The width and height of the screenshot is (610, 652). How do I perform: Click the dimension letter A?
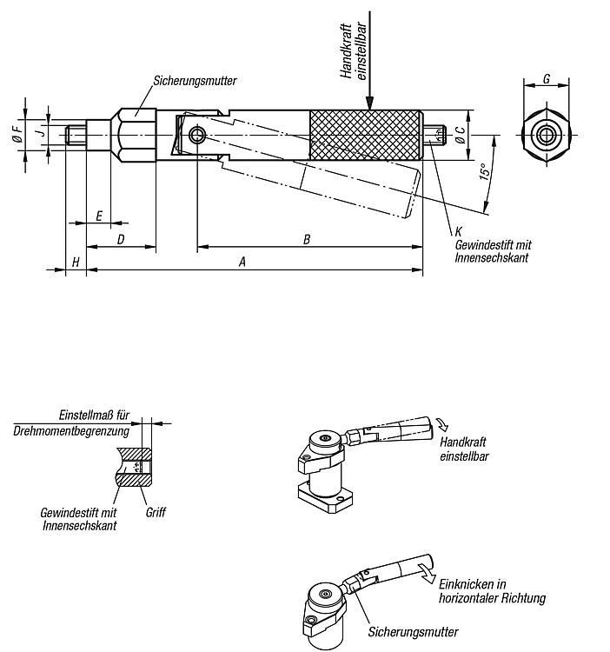point(242,262)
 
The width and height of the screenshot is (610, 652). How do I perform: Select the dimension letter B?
point(307,240)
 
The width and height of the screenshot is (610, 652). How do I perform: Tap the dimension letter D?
point(121,240)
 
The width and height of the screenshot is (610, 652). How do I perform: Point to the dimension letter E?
point(99,216)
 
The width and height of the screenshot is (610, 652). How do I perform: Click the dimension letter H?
point(76,263)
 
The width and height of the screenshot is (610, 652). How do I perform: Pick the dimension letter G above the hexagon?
point(547,78)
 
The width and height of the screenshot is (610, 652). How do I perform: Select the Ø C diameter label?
point(460,135)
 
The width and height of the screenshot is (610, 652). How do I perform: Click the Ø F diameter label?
point(17,134)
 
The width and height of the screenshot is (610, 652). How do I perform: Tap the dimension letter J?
point(40,132)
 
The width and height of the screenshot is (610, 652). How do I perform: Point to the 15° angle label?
point(484,171)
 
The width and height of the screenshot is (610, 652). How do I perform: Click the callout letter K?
point(458,231)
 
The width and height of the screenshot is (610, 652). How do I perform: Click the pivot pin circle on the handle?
point(196,135)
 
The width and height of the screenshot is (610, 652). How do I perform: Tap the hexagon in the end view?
point(546,135)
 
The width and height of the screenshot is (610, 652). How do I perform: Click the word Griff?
point(156,512)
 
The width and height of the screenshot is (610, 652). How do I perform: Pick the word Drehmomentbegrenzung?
point(71,431)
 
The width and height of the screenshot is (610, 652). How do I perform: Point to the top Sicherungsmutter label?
point(195,81)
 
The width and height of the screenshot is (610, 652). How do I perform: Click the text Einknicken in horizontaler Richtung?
point(493,591)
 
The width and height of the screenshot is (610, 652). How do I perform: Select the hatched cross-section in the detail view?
point(134,467)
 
